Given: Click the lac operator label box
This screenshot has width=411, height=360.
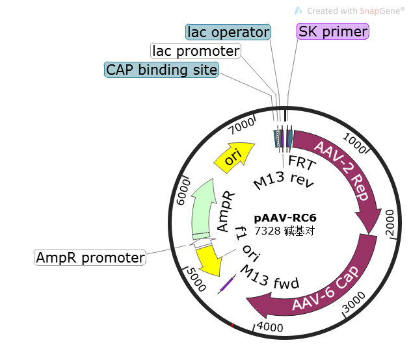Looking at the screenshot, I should coord(228,32).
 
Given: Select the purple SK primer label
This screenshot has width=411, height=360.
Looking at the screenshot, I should coord(333,31).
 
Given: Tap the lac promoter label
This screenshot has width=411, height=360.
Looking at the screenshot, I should coord(195,51).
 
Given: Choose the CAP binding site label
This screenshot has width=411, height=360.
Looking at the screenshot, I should coord(162,70).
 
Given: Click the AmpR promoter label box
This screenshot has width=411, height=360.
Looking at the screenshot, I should coord(90,258).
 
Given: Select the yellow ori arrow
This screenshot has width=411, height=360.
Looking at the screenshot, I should coord(233,157).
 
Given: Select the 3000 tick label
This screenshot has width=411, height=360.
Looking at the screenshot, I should coord(351,304).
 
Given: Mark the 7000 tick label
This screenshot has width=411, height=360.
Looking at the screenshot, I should coord(241,122).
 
